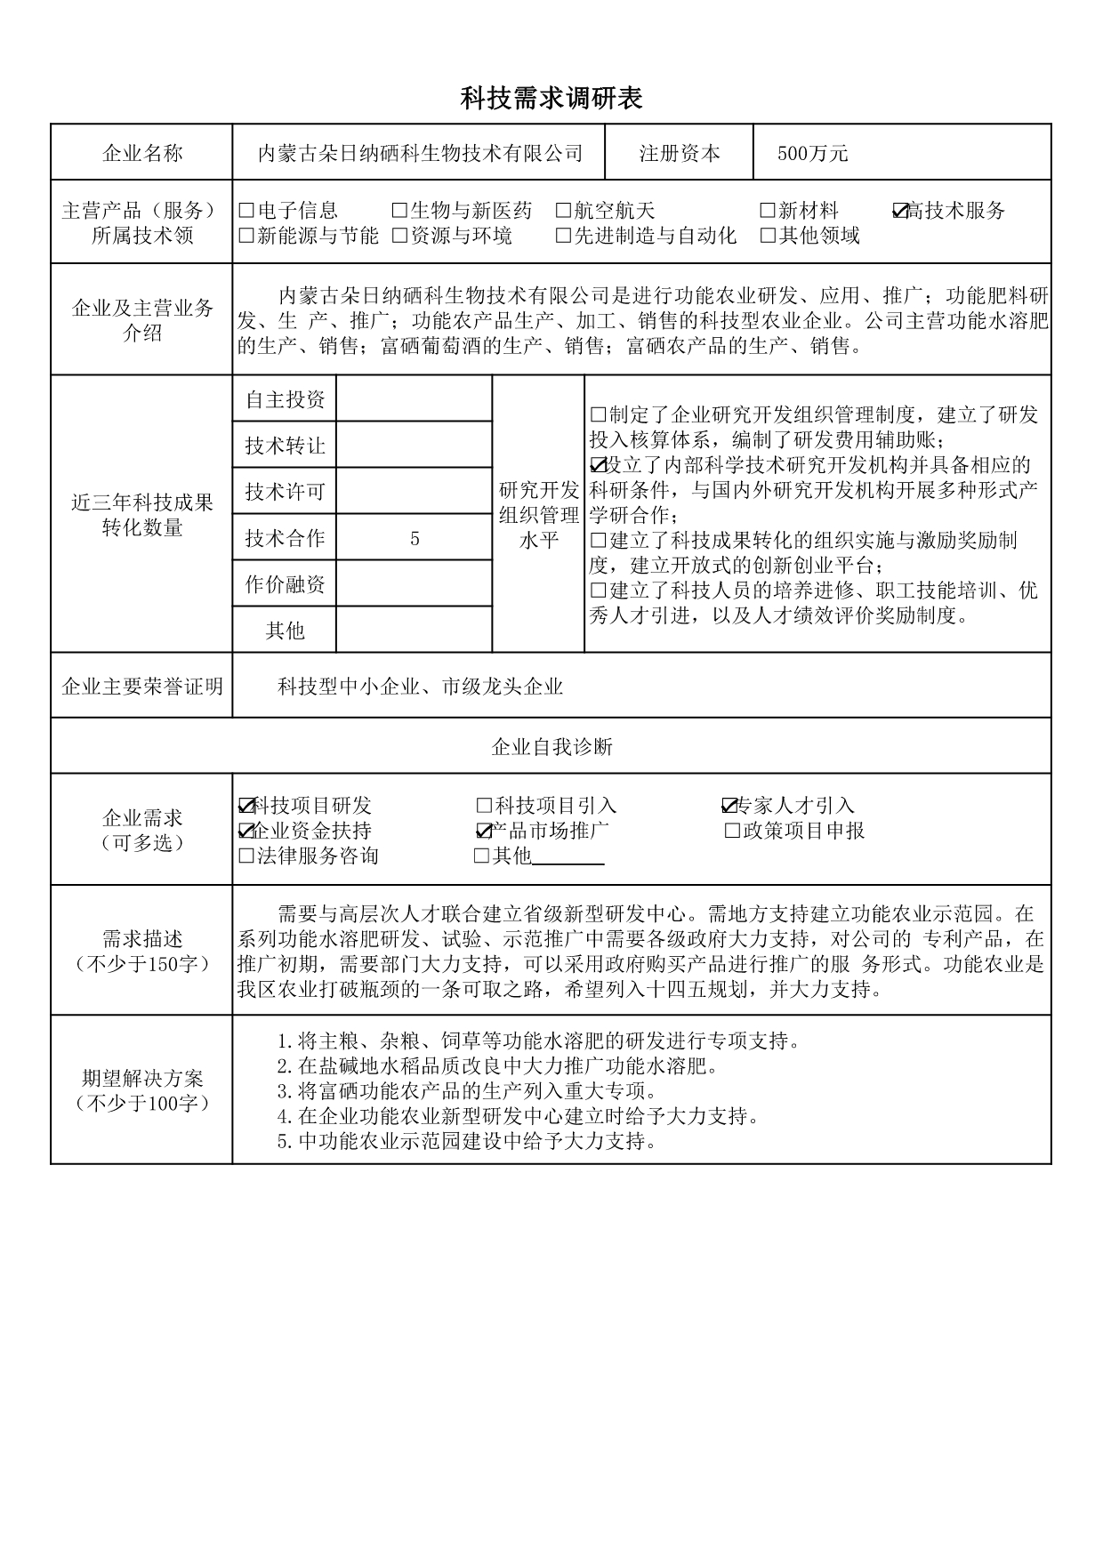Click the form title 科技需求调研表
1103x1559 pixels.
pos(551,98)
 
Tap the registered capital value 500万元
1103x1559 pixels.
pos(812,154)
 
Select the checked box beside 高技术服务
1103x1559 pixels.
pos(900,211)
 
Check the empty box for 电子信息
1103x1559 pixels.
pos(247,211)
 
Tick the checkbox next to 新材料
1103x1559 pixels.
pos(768,211)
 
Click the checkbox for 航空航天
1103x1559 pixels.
pos(563,211)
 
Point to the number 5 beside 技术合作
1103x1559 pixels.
pos(415,538)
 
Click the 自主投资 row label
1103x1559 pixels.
pos(285,400)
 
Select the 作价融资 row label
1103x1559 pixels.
pos(285,584)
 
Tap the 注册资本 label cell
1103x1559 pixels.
pos(680,154)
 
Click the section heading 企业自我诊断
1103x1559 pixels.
pos(551,747)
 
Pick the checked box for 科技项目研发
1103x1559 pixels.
pos(246,806)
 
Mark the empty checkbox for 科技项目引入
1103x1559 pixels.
pos(485,806)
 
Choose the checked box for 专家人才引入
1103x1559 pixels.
pos(729,806)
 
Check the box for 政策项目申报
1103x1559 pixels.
pos(733,831)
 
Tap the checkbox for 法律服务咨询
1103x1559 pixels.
pos(246,856)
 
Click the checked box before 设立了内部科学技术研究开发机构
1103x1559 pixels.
pos(598,465)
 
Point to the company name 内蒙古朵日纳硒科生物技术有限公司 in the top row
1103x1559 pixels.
pos(420,154)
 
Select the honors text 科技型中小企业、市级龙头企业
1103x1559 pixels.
pos(420,687)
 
